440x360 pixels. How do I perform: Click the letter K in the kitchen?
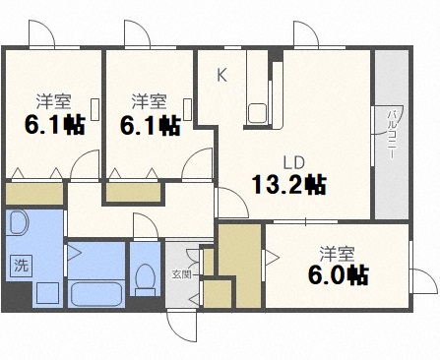point(221,75)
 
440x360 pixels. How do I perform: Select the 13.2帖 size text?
point(288,184)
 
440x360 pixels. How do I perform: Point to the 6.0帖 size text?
point(337,273)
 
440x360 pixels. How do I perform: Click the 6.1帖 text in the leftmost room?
point(49,125)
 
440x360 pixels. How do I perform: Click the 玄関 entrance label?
point(181,274)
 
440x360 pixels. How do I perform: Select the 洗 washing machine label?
point(20,264)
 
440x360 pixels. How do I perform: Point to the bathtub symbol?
point(94,293)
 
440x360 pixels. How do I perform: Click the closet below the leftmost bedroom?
point(33,194)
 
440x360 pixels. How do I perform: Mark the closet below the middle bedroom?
point(135,191)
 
